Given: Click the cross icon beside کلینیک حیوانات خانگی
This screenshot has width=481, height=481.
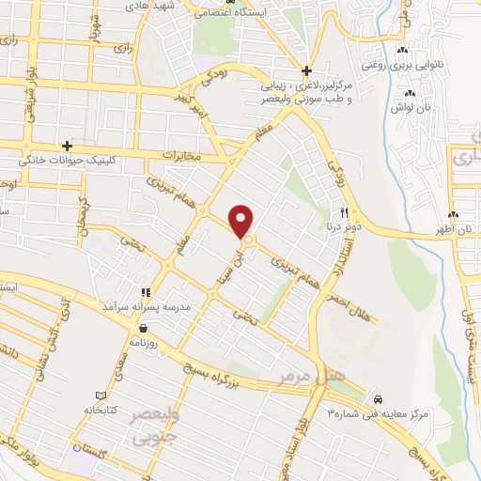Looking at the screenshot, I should pos(67,146).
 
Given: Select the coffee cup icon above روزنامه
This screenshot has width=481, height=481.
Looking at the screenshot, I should pos(143,329).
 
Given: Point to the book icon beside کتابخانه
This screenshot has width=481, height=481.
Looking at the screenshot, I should pos(101,395).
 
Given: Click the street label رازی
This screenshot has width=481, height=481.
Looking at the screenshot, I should pos(121,45).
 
